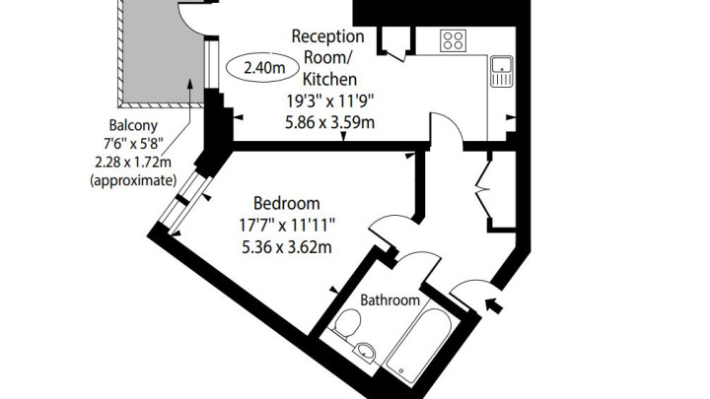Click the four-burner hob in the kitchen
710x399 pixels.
[453, 39]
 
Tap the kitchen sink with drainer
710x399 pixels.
[502, 71]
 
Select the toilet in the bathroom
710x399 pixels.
[348, 325]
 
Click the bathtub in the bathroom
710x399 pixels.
[419, 346]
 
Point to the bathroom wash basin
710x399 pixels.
[366, 351]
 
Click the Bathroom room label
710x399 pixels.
[390, 299]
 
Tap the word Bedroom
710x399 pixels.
[287, 203]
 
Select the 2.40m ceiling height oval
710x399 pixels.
[262, 68]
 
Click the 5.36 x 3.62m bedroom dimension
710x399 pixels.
[287, 247]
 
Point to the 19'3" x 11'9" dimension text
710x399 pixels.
[330, 100]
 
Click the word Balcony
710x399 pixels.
[133, 125]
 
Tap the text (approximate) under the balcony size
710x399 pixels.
[133, 180]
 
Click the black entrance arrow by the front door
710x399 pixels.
[494, 305]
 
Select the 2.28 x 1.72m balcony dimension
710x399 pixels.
[133, 162]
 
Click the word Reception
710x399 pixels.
[327, 36]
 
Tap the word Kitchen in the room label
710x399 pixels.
[329, 79]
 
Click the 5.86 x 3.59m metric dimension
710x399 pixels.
[330, 122]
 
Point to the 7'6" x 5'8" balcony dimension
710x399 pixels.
[133, 144]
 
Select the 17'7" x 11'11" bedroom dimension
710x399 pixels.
[287, 225]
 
